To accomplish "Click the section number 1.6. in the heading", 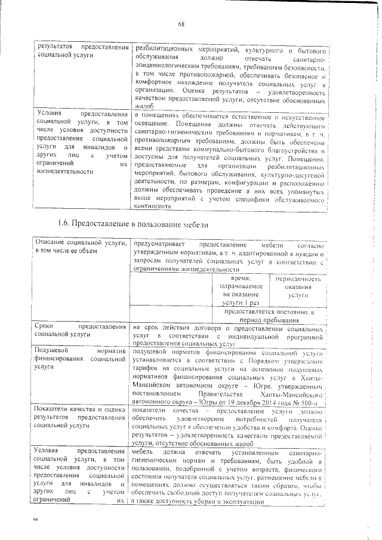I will (x=65, y=224).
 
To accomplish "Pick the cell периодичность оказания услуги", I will (x=298, y=287).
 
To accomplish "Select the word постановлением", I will (x=158, y=394).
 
